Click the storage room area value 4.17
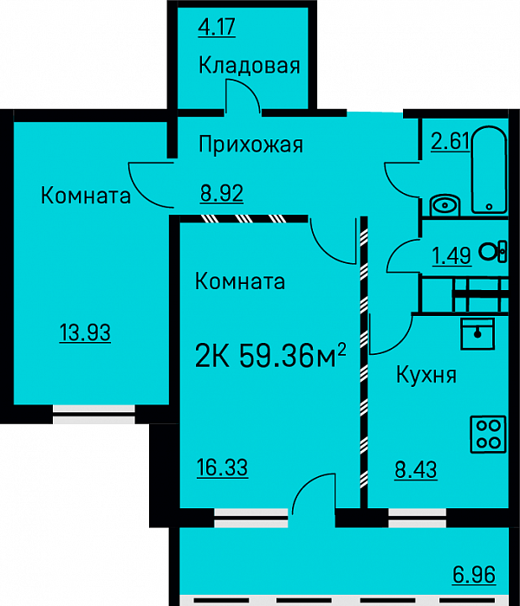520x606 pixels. click(x=217, y=28)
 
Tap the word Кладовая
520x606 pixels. click(x=250, y=65)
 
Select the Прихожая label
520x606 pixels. click(x=250, y=145)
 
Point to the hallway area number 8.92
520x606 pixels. click(x=222, y=193)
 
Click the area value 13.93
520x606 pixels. click(x=85, y=332)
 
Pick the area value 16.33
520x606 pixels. click(x=222, y=467)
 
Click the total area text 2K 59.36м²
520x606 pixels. click(x=270, y=355)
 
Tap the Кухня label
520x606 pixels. click(x=426, y=375)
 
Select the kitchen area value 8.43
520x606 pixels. click(x=416, y=470)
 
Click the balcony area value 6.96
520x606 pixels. click(x=474, y=575)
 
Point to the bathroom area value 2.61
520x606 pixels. click(x=450, y=141)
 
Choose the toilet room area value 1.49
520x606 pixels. click(x=452, y=255)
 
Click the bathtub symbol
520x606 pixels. click(x=489, y=170)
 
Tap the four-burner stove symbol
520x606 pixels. click(x=488, y=434)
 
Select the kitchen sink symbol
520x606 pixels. click(x=478, y=334)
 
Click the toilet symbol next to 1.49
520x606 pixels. click(x=493, y=252)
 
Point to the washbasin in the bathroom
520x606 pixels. click(x=445, y=205)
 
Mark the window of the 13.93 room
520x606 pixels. click(x=94, y=415)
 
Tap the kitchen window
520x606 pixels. click(x=418, y=518)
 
